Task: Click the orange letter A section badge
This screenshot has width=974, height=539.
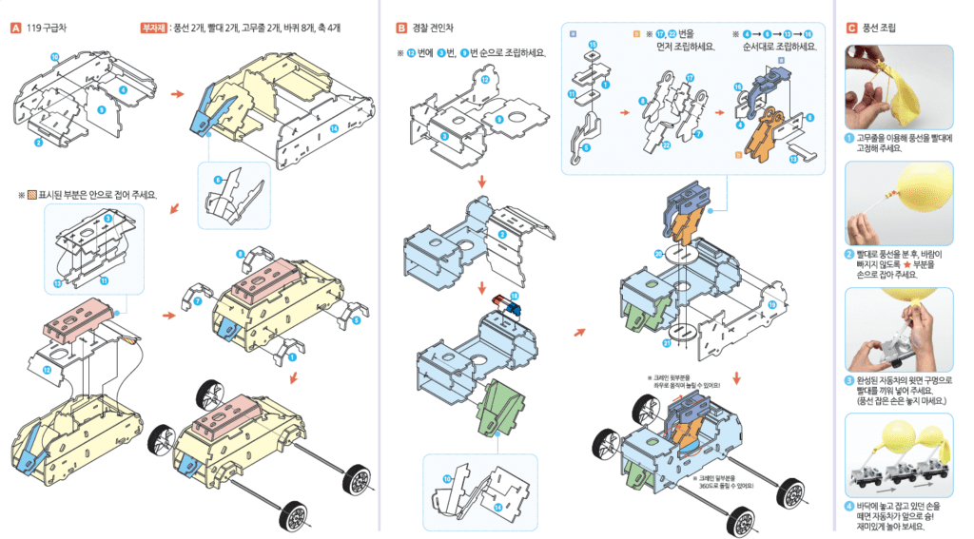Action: [x=15, y=28]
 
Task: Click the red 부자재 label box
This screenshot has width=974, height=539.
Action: [x=153, y=28]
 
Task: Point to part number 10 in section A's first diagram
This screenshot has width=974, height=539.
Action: [x=54, y=58]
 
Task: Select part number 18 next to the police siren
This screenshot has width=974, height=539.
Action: [x=515, y=297]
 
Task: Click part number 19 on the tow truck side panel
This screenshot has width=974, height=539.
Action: [x=771, y=305]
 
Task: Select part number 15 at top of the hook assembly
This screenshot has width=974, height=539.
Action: [x=593, y=45]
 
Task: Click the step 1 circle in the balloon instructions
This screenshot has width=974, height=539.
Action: [x=848, y=138]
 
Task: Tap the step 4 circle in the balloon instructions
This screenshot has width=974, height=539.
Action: [x=848, y=506]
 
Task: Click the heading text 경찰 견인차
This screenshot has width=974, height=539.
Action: [x=433, y=28]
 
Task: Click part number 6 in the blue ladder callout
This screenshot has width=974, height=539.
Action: [x=218, y=179]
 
